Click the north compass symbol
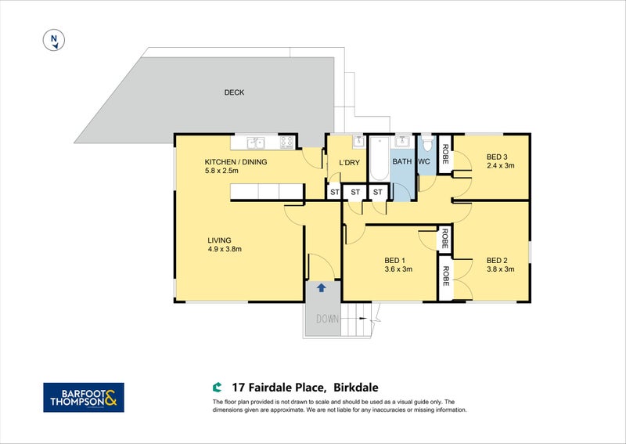pyautogui.click(x=54, y=40)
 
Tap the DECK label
pyautogui.click(x=234, y=92)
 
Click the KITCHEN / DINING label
pyautogui.click(x=236, y=162)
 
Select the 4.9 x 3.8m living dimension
pyautogui.click(x=225, y=249)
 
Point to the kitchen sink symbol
pyautogui.click(x=255, y=143)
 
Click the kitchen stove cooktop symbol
pyautogui.click(x=286, y=143)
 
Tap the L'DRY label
pyautogui.click(x=349, y=163)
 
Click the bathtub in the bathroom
pyautogui.click(x=380, y=159)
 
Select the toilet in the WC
pyautogui.click(x=427, y=143)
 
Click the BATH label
pyautogui.click(x=401, y=161)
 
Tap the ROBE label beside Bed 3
pyautogui.click(x=445, y=154)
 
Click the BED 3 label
pyautogui.click(x=497, y=157)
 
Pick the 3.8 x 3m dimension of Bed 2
pyautogui.click(x=500, y=269)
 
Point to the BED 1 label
pyautogui.click(x=395, y=261)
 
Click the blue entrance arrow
pyautogui.click(x=322, y=287)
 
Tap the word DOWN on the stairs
pyautogui.click(x=327, y=319)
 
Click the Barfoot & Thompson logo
pyautogui.click(x=84, y=397)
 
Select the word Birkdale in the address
pyautogui.click(x=356, y=388)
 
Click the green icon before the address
pyautogui.click(x=217, y=388)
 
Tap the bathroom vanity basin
pyautogui.click(x=404, y=143)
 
